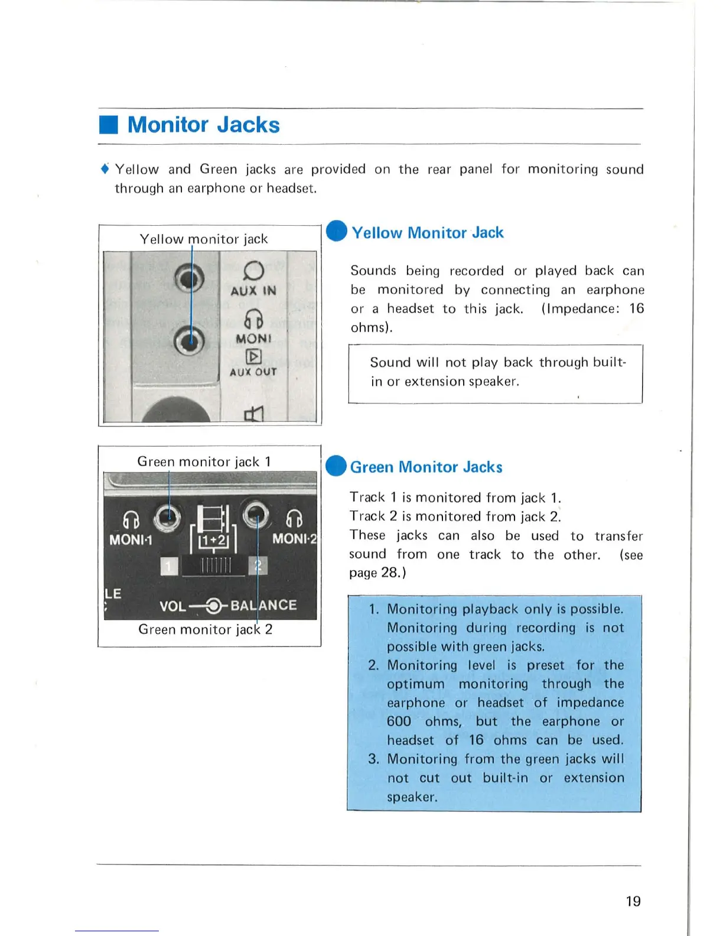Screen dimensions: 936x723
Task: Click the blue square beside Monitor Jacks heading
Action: click(x=109, y=125)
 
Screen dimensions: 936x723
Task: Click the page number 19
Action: click(x=633, y=901)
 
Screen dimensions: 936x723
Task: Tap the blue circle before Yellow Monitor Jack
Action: click(x=337, y=231)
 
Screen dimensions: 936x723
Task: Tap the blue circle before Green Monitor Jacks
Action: click(x=336, y=466)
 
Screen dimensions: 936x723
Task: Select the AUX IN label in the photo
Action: click(x=253, y=291)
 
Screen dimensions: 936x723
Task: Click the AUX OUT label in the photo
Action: click(x=253, y=372)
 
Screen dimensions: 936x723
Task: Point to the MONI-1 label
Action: click(x=131, y=539)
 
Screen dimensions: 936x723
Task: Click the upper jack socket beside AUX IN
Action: click(x=190, y=278)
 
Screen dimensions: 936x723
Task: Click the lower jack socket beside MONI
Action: click(x=190, y=340)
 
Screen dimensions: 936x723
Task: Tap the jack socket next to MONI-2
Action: click(x=256, y=515)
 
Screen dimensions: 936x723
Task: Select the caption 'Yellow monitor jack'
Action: click(x=204, y=239)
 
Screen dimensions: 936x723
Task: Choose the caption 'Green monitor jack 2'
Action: click(x=206, y=629)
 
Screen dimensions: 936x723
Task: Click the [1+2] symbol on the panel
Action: click(x=213, y=540)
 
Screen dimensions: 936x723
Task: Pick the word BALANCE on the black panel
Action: click(x=263, y=605)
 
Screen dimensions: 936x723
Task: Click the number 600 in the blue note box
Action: click(x=399, y=721)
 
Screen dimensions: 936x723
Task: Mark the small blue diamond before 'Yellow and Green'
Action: click(x=105, y=169)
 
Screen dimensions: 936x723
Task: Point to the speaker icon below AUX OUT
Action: click(x=253, y=413)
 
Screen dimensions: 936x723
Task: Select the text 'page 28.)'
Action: click(x=377, y=573)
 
